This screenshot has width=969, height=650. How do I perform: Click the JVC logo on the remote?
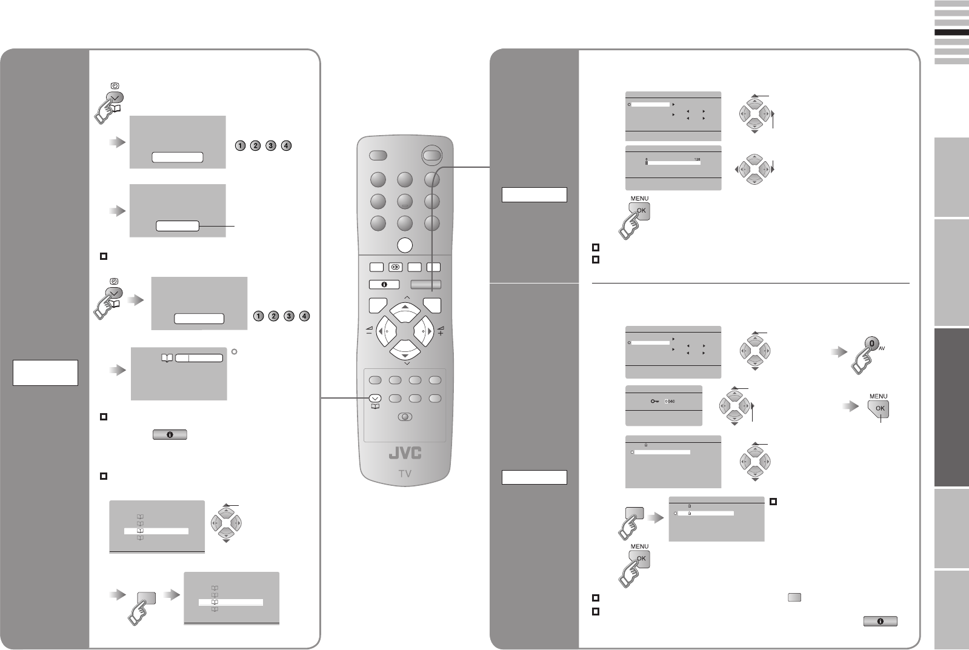[x=405, y=454]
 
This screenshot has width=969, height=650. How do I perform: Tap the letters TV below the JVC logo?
[x=405, y=474]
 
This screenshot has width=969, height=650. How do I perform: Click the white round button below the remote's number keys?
[x=405, y=245]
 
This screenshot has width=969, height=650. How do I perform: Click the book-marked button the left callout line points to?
[x=375, y=399]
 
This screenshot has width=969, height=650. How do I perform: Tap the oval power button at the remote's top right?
[x=431, y=155]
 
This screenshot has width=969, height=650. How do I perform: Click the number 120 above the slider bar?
[x=697, y=159]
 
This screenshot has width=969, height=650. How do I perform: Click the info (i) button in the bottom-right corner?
[x=879, y=622]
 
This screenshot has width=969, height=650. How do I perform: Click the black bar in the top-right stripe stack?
[x=951, y=33]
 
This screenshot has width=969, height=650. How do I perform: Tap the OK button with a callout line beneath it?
[x=880, y=409]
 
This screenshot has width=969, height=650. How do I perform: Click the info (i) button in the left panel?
[x=170, y=434]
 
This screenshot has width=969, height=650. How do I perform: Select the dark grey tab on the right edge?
[x=951, y=406]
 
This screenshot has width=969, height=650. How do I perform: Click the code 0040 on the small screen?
[x=670, y=401]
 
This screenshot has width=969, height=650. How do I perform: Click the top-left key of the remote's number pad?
[x=377, y=180]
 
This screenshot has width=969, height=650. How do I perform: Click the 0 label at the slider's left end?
[x=646, y=159]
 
